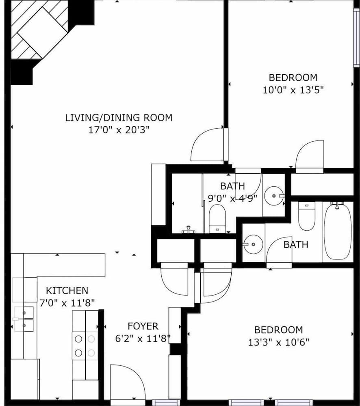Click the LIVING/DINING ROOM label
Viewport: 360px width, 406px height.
[x=119, y=118]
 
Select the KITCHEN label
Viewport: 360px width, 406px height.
[x=67, y=291]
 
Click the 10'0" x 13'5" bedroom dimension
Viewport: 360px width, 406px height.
[x=293, y=90]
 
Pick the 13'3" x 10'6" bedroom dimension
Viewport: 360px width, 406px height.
[x=278, y=342]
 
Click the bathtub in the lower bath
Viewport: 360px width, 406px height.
[x=338, y=231]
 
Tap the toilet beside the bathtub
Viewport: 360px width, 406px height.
[x=306, y=216]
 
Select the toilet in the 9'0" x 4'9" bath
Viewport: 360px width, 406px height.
[x=217, y=219]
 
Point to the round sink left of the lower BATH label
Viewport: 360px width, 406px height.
[x=252, y=244]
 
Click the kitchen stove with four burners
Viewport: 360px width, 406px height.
[x=85, y=345]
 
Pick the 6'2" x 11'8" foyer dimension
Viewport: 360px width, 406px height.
[x=143, y=339]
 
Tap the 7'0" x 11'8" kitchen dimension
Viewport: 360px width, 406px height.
[x=67, y=303]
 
